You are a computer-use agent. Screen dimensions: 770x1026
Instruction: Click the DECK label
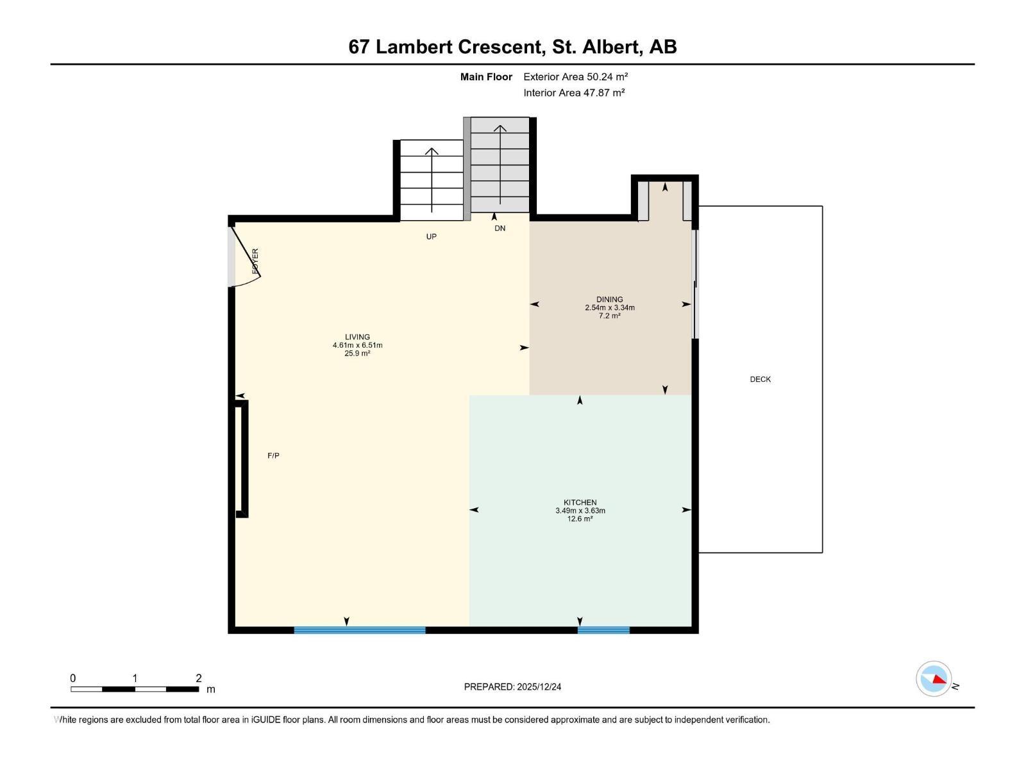click(760, 379)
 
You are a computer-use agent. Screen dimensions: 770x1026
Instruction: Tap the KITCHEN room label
click(580, 502)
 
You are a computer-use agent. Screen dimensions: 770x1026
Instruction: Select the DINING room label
click(609, 299)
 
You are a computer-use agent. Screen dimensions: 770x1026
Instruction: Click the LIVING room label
click(357, 337)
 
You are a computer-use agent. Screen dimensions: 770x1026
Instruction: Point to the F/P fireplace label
click(273, 456)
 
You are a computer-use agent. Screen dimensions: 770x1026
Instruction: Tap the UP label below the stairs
click(431, 237)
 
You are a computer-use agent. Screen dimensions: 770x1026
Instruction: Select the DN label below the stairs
click(500, 228)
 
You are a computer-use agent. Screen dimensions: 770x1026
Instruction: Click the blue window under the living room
click(359, 630)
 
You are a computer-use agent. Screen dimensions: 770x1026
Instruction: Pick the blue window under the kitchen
click(603, 630)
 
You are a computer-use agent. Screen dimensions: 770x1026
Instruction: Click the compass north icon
click(934, 679)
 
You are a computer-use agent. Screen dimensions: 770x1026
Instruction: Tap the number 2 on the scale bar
click(199, 678)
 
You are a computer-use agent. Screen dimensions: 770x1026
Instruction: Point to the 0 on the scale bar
click(73, 678)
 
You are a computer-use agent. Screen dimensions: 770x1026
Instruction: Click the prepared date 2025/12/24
click(539, 687)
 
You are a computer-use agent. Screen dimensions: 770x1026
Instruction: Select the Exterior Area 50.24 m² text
click(575, 76)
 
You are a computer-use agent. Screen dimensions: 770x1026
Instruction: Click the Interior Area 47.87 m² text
click(574, 92)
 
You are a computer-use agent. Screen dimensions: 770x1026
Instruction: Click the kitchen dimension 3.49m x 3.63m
click(580, 511)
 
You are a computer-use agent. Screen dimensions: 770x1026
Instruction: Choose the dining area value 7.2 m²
click(609, 316)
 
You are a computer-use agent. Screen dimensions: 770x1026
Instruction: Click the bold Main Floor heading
click(486, 76)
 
